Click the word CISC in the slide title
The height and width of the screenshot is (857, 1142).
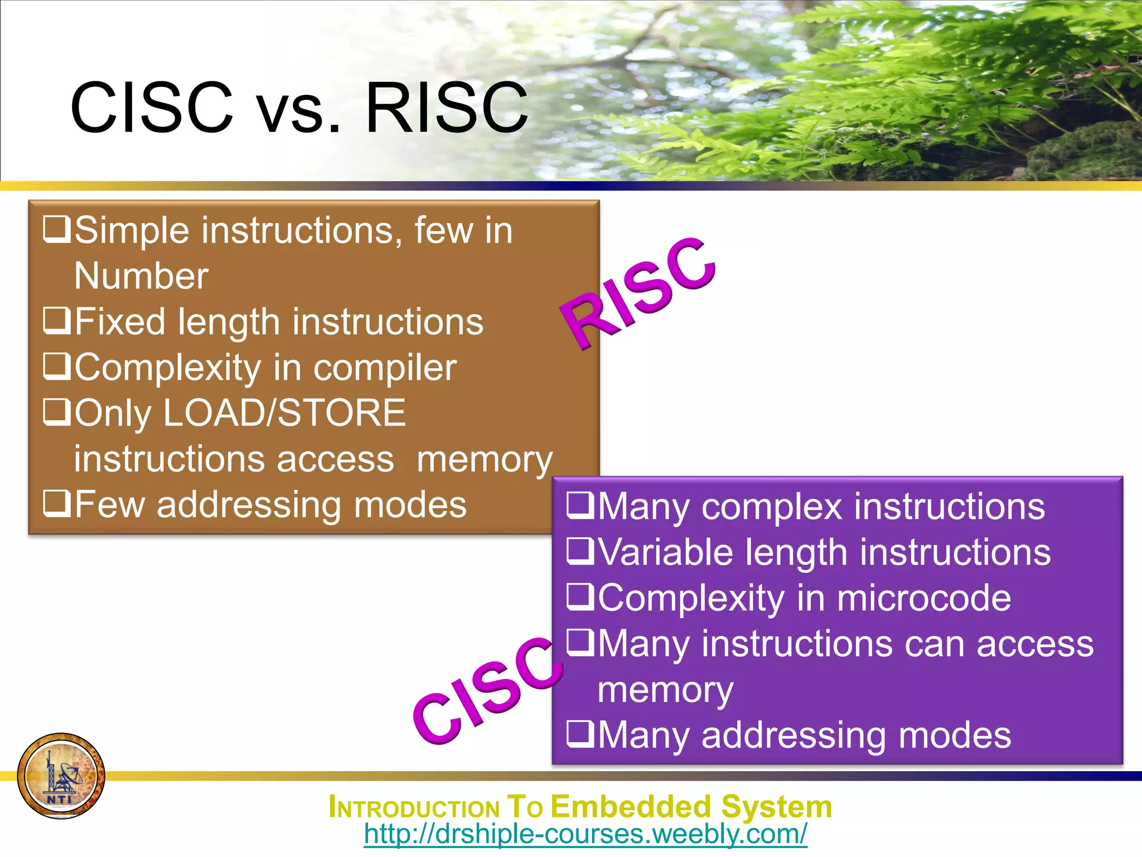[152, 107]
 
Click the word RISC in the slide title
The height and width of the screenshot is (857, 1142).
[446, 107]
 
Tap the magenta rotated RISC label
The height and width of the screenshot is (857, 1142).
[639, 292]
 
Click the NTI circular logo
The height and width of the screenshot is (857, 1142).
[61, 776]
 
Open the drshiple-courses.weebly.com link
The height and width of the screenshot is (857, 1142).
[585, 834]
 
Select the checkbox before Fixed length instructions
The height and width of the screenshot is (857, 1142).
[57, 321]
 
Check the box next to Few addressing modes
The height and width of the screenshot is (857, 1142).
[57, 503]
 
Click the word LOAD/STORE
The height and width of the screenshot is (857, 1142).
[285, 413]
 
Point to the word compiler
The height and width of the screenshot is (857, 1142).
[385, 368]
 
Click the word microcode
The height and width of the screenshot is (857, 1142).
[923, 598]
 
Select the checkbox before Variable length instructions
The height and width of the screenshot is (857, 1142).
[580, 551]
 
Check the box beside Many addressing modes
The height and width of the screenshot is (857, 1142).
[580, 734]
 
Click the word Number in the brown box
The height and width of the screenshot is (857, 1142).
[141, 276]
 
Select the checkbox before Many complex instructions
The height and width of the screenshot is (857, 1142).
[580, 505]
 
